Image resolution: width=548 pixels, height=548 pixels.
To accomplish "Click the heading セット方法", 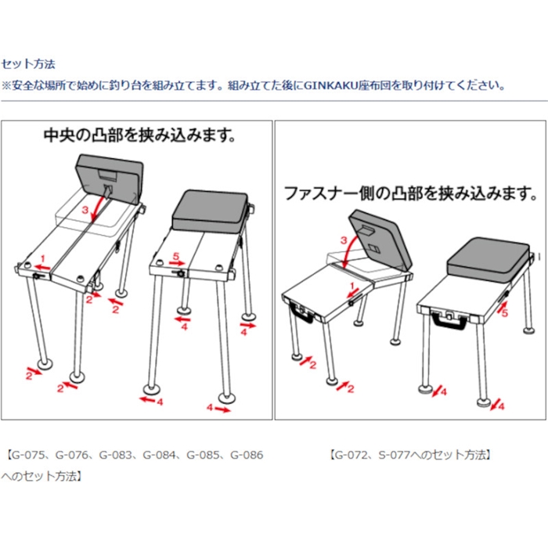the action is pos(28,64).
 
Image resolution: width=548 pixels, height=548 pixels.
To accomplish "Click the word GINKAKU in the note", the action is pos(330,85).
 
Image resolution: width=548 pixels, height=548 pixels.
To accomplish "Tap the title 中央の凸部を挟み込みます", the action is pos(139,135).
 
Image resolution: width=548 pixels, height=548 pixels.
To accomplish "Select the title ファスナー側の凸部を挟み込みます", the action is pos(411,193).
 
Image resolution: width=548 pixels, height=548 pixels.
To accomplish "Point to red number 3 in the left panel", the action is pos(85,210).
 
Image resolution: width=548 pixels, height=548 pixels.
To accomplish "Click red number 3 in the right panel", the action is pos(344,240).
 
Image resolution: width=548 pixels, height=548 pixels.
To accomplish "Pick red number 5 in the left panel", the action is pos(176,256).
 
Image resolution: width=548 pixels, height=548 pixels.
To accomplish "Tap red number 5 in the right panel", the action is pos(505,313).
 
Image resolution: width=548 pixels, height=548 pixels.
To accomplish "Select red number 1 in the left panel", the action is pos(42,259).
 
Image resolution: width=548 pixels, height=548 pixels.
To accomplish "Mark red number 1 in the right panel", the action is pos(352,287).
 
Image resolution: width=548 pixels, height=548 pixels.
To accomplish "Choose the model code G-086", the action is pos(247,455).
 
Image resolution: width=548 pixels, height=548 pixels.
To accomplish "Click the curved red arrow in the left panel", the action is pos(99,207).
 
